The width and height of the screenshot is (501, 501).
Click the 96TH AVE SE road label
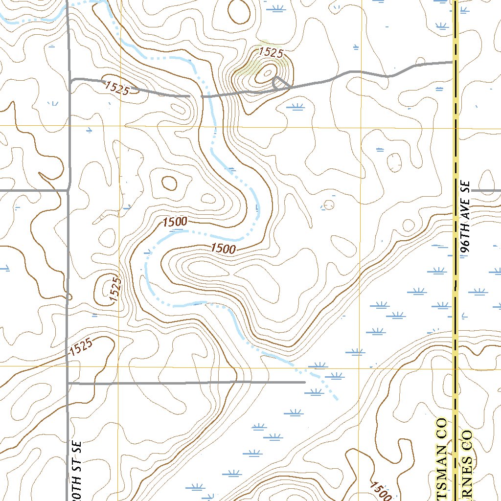[x=465, y=218]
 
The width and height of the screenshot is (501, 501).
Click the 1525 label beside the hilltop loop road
[x=271, y=52]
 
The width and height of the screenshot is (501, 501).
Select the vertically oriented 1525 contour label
[x=115, y=289]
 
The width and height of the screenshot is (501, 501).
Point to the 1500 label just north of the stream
[x=175, y=222]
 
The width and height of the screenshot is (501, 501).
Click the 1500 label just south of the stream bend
[x=223, y=249]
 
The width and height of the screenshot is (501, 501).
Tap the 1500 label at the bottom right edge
[x=381, y=491]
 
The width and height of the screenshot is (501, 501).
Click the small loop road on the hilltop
[x=279, y=83]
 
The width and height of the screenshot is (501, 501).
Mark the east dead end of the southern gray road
[x=304, y=382]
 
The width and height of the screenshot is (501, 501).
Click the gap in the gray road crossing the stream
[x=196, y=96]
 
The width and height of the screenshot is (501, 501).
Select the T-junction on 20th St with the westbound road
[x=68, y=190]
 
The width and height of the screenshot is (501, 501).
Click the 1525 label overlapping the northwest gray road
[x=116, y=88]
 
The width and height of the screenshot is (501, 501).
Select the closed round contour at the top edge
[x=239, y=11]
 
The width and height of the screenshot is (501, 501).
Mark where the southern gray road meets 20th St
[x=68, y=383]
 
